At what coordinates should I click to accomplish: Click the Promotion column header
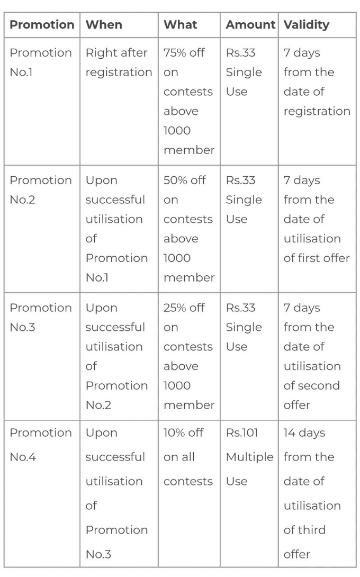click(x=42, y=25)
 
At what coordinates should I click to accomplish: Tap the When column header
click(x=104, y=25)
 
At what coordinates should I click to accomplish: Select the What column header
click(x=180, y=25)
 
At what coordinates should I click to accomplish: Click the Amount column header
click(x=250, y=25)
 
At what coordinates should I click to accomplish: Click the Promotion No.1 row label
click(x=41, y=62)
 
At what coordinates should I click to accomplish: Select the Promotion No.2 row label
click(x=41, y=190)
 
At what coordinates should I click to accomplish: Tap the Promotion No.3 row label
click(x=41, y=317)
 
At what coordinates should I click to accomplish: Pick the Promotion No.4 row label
click(x=41, y=445)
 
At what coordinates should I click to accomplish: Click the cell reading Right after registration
click(x=119, y=62)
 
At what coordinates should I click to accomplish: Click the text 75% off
click(x=184, y=53)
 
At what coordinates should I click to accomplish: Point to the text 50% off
click(x=184, y=180)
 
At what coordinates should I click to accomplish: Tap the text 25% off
click(x=184, y=308)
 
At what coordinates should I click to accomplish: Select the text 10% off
click(x=183, y=432)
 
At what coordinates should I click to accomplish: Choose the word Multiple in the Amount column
click(x=250, y=457)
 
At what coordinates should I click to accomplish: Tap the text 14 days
click(x=304, y=432)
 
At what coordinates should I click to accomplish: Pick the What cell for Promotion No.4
click(x=188, y=457)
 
